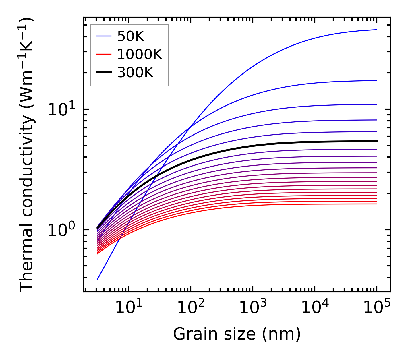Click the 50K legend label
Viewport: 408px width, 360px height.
131,36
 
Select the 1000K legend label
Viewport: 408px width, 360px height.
140,54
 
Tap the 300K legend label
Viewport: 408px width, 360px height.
135,73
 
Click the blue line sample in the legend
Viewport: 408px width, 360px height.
103,36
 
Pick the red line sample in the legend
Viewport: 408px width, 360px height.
103,54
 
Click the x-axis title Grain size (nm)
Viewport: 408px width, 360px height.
237,334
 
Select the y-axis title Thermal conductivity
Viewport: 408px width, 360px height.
27,155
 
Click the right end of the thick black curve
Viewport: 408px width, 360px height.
376,141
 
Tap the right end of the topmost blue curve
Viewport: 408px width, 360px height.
376,30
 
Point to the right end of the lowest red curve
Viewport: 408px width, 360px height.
376,204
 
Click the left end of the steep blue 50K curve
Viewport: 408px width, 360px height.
98,279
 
